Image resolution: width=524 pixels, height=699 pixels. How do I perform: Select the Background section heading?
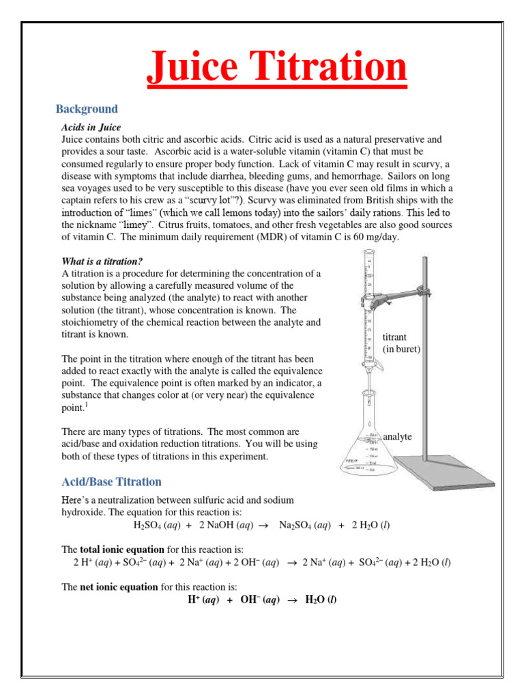pyautogui.click(x=87, y=109)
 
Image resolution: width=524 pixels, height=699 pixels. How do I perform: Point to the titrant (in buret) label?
pyautogui.click(x=401, y=343)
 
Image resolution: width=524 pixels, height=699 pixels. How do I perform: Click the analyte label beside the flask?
pyautogui.click(x=397, y=436)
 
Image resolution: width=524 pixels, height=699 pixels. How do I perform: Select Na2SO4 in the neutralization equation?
pyautogui.click(x=294, y=526)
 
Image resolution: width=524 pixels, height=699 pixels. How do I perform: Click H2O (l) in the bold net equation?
pyautogui.click(x=321, y=600)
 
